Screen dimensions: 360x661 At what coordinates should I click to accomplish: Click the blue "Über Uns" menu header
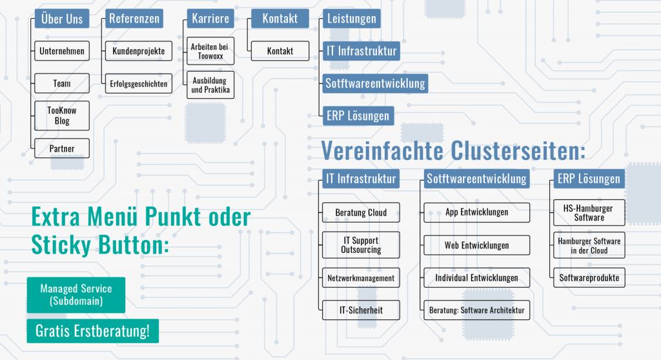pos(61,19)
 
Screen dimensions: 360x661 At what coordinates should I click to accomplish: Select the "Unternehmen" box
pos(61,51)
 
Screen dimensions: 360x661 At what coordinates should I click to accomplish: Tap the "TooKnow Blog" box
pos(61,115)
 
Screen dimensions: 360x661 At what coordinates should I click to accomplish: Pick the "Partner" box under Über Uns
pos(61,148)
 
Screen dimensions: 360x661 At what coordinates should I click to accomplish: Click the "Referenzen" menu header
pos(134,19)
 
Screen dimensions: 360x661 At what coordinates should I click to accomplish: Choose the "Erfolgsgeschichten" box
pos(138,83)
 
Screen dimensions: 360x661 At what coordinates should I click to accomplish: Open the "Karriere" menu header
pos(210,19)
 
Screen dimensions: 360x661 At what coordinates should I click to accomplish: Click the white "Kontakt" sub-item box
pos(280,51)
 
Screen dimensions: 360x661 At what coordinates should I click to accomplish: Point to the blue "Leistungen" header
pos(351,19)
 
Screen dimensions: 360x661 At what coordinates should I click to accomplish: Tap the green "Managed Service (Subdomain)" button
pos(76,295)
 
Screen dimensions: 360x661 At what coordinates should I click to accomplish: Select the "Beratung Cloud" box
pos(361,212)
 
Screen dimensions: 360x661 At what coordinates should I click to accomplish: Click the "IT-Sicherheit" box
pos(361,310)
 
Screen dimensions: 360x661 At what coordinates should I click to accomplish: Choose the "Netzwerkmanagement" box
pos(361,278)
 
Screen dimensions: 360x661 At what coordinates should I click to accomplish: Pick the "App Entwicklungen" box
pos(476,212)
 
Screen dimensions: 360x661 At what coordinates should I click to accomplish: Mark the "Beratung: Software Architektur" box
pos(476,310)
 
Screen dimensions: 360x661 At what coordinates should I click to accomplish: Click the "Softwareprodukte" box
pos(589,278)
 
